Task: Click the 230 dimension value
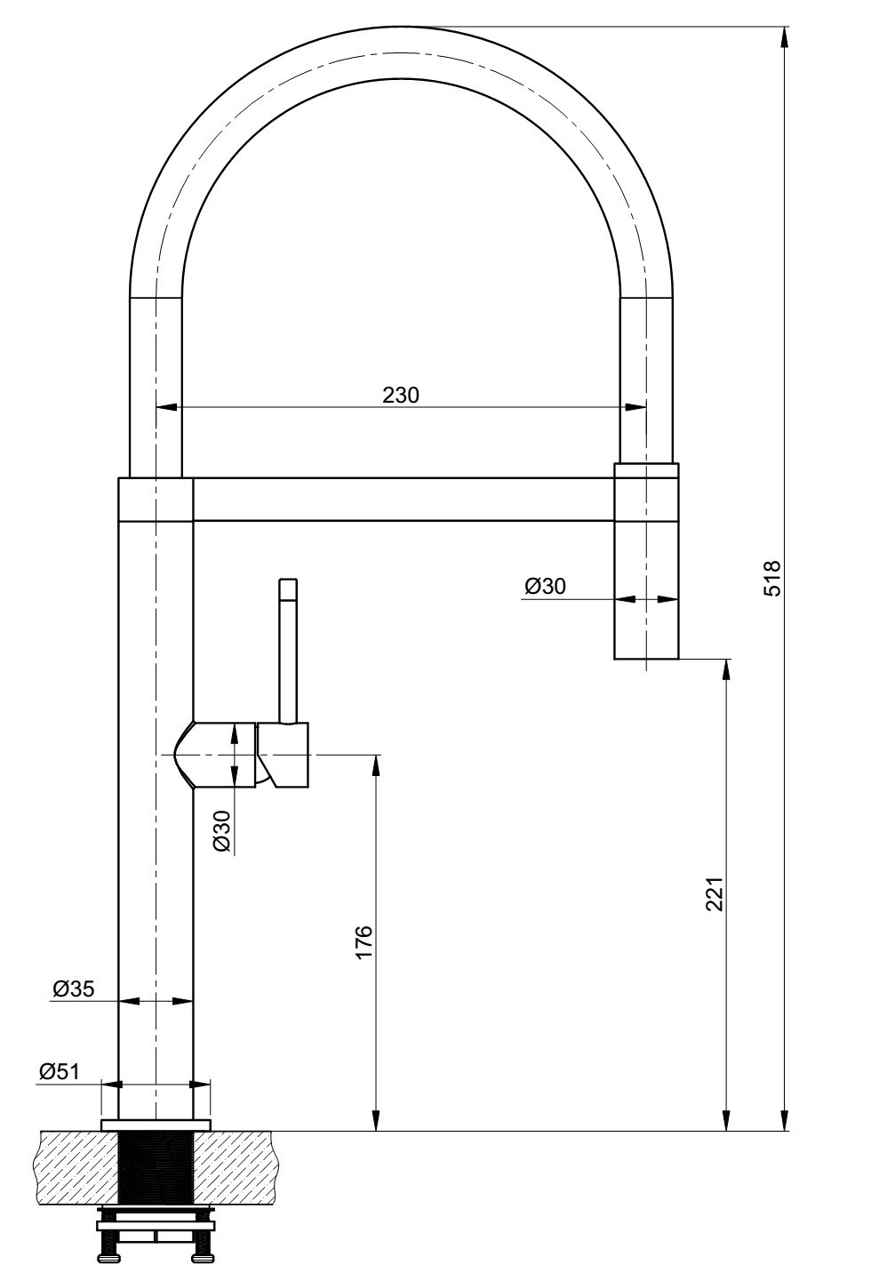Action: [401, 395]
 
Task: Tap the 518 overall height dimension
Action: [771, 579]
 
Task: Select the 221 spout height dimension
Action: [715, 894]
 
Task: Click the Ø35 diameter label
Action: [74, 988]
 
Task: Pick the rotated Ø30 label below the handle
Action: [223, 832]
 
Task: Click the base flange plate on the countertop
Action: [156, 1125]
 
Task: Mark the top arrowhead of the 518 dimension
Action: [785, 36]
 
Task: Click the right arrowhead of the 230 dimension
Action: [637, 408]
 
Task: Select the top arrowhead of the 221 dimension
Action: [727, 668]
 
